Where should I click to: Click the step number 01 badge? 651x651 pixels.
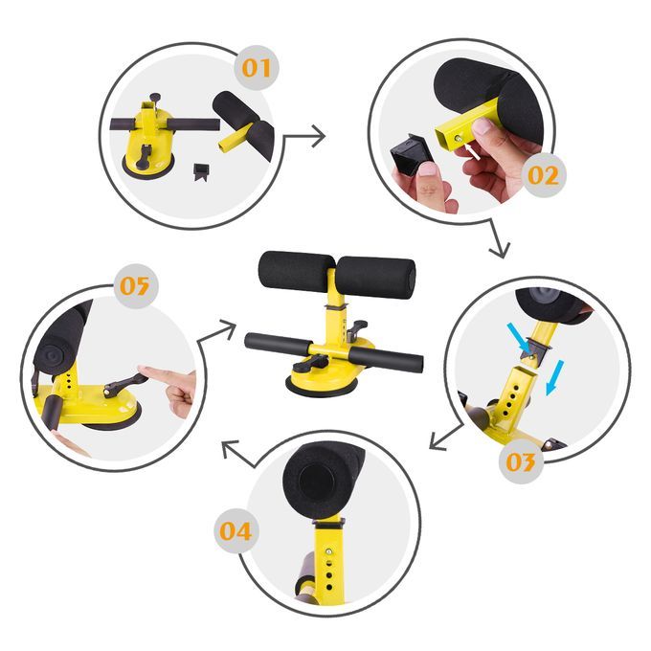point(257,68)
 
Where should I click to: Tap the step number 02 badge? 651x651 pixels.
point(544,175)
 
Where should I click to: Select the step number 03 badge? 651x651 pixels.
point(521,461)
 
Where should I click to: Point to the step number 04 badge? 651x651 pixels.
point(236,530)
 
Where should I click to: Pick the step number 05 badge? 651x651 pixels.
point(136,286)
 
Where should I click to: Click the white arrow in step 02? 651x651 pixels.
point(472,151)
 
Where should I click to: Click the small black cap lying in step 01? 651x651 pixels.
point(200,171)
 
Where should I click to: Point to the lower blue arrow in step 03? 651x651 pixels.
point(554,377)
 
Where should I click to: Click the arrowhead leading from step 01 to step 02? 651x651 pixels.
point(319,136)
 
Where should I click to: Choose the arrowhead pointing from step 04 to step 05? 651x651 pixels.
point(231,448)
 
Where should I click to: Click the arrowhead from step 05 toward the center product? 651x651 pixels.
point(228,329)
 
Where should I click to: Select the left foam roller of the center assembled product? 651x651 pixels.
point(296,273)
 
